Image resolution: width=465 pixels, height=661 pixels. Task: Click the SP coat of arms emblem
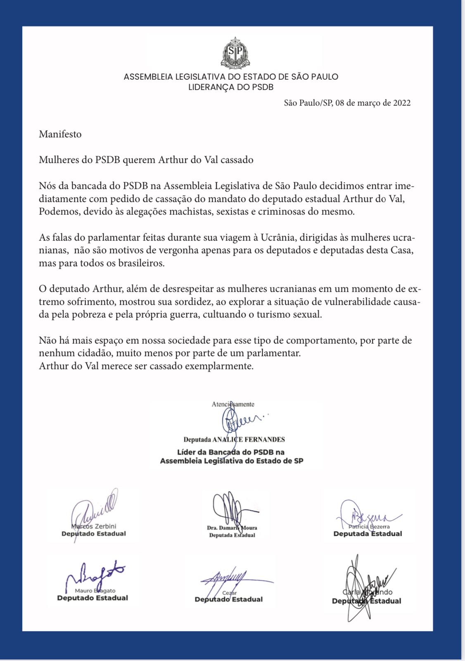point(235,52)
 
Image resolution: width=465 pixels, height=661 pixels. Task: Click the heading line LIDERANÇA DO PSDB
point(231,87)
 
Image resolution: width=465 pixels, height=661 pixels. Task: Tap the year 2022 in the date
point(401,103)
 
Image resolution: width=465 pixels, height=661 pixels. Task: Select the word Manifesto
point(60,134)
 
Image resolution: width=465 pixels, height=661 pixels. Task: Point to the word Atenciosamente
point(233,404)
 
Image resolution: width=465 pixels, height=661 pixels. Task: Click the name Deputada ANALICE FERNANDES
point(234,440)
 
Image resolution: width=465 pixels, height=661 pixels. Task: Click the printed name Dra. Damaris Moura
point(232,528)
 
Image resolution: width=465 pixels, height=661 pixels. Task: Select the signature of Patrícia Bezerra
point(368,515)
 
